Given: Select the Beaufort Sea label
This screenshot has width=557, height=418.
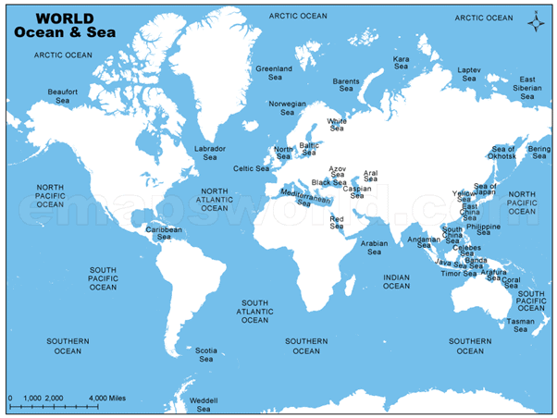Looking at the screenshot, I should (62, 96).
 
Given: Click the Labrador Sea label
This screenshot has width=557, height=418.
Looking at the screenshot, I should (210, 153).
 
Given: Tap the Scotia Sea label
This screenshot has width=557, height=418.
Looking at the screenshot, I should (206, 354).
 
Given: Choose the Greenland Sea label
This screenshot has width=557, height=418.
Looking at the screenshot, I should (274, 73).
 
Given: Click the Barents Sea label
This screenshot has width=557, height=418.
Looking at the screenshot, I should (345, 85).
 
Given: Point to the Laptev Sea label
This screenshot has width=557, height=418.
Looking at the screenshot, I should (469, 74).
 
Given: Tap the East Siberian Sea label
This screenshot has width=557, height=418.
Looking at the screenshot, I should (527, 88).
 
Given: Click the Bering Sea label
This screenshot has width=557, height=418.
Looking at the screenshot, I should (538, 152).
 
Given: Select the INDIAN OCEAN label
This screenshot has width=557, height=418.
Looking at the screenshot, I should (396, 281).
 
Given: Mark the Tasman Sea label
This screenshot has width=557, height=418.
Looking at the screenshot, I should (519, 325).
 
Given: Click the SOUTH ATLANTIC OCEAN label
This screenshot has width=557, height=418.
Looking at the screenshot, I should (255, 312).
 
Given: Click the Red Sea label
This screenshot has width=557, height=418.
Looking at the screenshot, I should (337, 222).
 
